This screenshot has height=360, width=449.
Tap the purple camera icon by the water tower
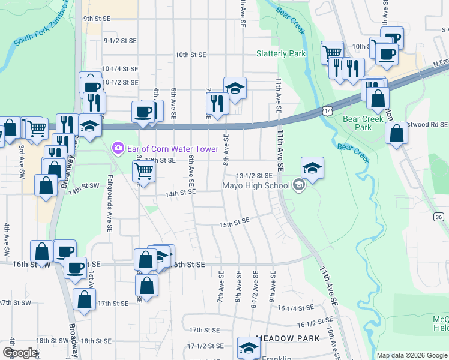pyautogui.click(x=118, y=147)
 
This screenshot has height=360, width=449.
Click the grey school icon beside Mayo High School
pyautogui.click(x=298, y=185)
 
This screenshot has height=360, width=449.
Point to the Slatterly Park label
pyautogui.click(x=281, y=53)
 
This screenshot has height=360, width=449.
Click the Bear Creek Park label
pyautogui.click(x=363, y=123)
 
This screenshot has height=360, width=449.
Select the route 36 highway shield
pyautogui.click(x=439, y=217)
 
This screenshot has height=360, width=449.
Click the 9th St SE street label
pyautogui.click(x=97, y=19)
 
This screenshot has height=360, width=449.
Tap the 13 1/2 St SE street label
pyautogui.click(x=255, y=175)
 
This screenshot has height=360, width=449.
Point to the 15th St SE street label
pyautogui.click(x=234, y=223)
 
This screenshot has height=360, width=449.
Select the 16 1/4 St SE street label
pyautogui.click(x=295, y=308)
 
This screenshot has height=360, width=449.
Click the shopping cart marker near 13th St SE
pyautogui.click(x=144, y=171)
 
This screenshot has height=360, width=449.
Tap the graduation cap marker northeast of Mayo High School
pyautogui.click(x=312, y=168)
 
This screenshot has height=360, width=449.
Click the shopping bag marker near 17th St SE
pyautogui.click(x=85, y=299)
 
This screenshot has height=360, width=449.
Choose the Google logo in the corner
pyautogui.click(x=20, y=353)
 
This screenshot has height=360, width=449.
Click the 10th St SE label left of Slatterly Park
pyautogui.click(x=191, y=55)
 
